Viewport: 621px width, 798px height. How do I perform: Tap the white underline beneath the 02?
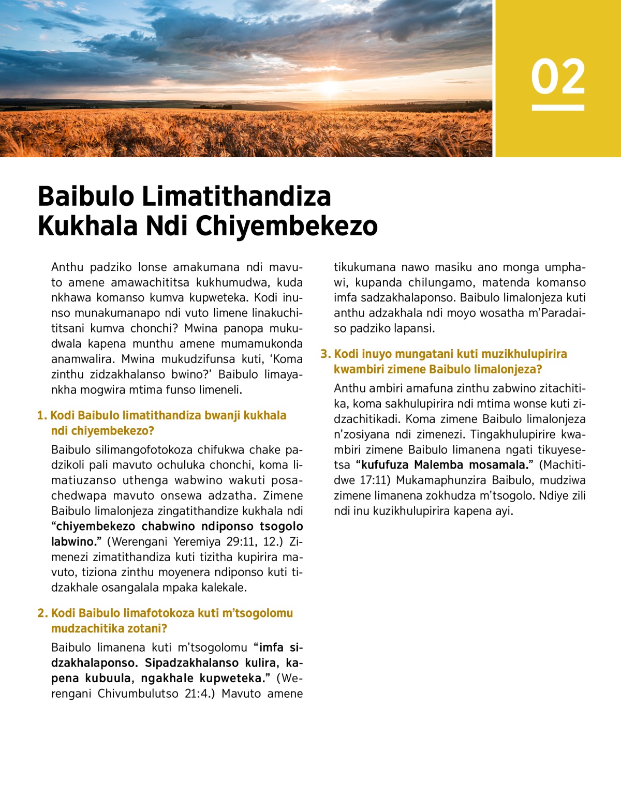558,108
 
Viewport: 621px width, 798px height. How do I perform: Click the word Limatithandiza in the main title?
236,197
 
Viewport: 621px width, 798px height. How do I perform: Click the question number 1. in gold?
42,416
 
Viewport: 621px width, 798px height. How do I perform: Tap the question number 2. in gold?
42,613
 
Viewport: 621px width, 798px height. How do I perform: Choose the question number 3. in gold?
325,354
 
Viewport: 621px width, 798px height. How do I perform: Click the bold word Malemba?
438,465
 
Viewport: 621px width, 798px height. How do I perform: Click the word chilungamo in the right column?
439,283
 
